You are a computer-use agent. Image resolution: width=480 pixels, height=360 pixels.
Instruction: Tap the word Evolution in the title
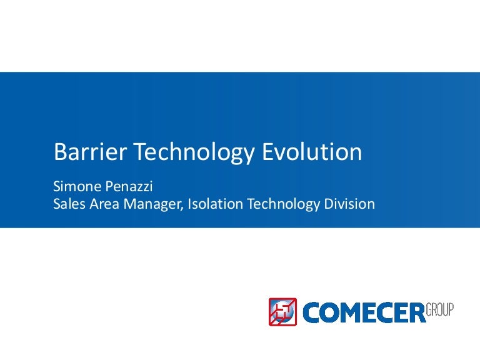pos(313,152)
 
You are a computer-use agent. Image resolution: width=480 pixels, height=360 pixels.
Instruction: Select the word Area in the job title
pos(102,204)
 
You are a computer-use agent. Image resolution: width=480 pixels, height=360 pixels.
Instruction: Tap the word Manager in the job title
pos(149,204)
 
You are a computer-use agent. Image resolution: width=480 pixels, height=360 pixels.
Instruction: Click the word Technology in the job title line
pos(281,204)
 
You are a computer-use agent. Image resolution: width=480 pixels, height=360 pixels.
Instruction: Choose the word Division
pos(347,204)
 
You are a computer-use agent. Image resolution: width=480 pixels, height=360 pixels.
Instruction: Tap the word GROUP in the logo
pos(440,309)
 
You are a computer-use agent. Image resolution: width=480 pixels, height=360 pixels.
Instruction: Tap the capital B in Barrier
pos(60,152)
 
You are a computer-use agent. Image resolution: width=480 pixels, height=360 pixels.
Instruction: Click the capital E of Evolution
pos(272,152)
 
